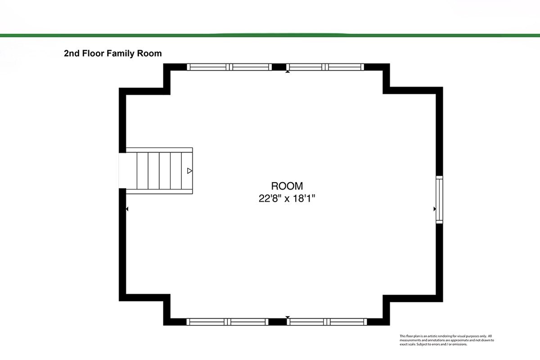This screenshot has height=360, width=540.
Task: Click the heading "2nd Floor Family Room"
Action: point(113,53)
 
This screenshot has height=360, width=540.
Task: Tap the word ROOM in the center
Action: point(287,186)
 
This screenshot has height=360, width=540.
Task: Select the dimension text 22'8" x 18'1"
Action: point(287,199)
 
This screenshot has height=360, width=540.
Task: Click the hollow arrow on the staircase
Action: point(190,171)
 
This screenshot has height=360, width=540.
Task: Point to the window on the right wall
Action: point(439,200)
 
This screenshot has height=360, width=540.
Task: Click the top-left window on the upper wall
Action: point(229,67)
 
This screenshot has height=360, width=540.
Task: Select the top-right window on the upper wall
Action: point(325,67)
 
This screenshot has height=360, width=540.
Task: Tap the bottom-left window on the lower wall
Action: point(227,322)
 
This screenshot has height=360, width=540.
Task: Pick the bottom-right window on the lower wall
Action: point(327,322)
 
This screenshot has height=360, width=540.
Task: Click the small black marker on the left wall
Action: point(127,209)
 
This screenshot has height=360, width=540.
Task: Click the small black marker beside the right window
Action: point(435,209)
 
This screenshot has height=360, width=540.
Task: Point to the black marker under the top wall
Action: point(288,72)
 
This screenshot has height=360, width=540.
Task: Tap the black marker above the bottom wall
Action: point(288,317)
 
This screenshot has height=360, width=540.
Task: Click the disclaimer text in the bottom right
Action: point(447,340)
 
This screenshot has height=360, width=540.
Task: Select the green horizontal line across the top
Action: point(270,36)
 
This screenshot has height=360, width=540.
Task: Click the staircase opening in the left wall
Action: point(122,171)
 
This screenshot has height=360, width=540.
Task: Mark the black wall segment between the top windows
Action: point(279,67)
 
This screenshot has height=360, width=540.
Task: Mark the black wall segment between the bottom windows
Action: point(278,322)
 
